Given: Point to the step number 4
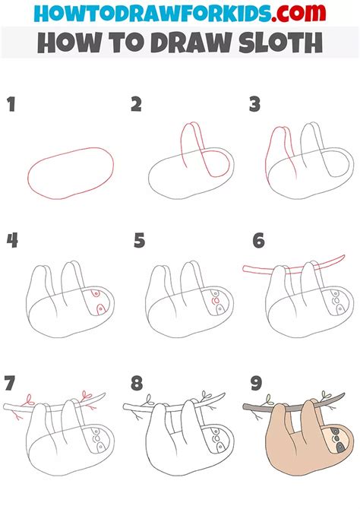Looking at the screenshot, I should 12,241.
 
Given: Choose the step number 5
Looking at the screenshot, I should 139,241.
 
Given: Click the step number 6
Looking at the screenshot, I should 259,241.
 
